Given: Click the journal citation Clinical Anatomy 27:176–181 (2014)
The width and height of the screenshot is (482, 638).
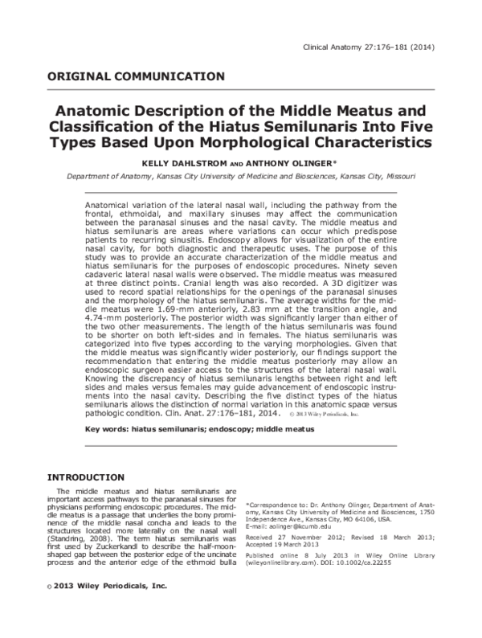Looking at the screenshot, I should tap(368, 47).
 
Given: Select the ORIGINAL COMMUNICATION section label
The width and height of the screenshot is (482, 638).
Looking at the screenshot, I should tap(137, 77).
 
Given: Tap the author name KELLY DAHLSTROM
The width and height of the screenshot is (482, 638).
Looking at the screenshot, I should tap(174, 163).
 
